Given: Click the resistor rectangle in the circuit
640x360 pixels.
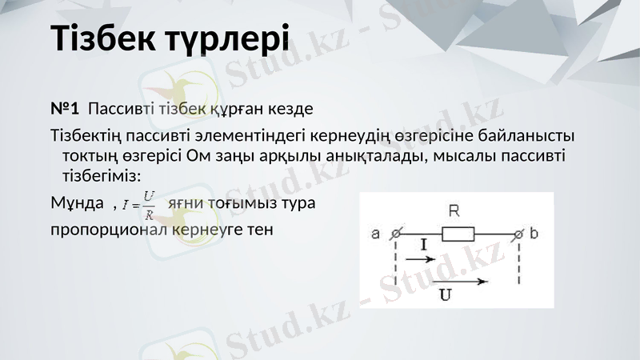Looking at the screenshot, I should pos(458,234).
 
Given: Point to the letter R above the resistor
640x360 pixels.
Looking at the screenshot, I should pos(454,212).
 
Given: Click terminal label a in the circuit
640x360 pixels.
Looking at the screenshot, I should pos(375,234).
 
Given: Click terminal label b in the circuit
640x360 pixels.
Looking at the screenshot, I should pos(534,234).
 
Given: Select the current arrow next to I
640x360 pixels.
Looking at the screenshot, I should pos(427,259).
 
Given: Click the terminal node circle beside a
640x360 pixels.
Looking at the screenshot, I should pos(394,234).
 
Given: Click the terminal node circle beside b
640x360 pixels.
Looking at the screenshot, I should pos(520,234).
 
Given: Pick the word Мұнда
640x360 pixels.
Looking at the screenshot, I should pos(77,203).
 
